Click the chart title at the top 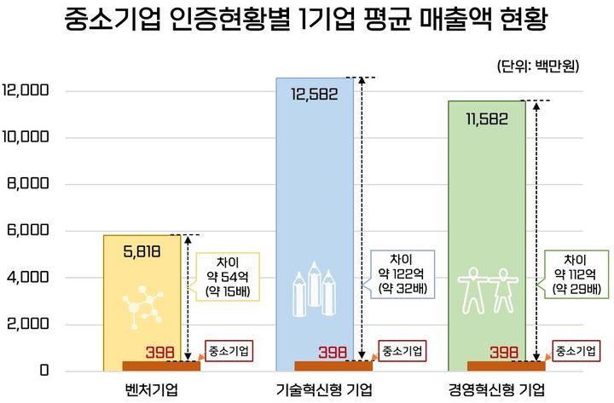click(x=306, y=21)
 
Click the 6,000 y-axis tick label click(x=29, y=231)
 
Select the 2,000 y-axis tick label click(x=29, y=325)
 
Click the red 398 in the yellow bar click(x=159, y=352)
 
